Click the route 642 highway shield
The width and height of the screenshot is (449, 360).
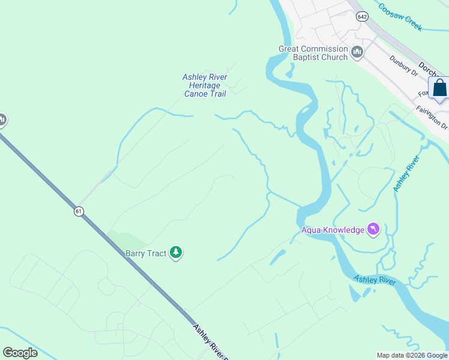(x=361, y=17)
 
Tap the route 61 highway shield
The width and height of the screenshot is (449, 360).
(x=79, y=211)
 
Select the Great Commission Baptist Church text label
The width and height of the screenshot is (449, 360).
(x=313, y=53)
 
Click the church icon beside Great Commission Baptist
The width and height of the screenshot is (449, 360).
(x=358, y=53)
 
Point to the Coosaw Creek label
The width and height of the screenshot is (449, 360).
(x=400, y=17)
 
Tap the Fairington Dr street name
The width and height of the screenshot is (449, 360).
(x=432, y=118)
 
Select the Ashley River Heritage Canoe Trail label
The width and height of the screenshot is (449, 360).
(x=205, y=86)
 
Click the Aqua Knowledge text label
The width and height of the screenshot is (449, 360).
(x=333, y=230)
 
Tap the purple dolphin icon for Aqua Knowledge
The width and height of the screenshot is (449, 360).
(x=375, y=229)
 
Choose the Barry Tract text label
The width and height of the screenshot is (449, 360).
(x=145, y=253)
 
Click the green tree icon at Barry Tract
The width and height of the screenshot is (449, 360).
(x=176, y=253)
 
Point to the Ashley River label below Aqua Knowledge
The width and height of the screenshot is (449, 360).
(x=375, y=280)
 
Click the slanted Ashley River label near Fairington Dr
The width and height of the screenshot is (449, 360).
(x=406, y=173)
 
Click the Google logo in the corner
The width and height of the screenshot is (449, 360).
(x=20, y=352)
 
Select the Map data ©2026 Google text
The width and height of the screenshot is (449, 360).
(x=412, y=355)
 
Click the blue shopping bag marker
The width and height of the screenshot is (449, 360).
(x=439, y=88)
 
